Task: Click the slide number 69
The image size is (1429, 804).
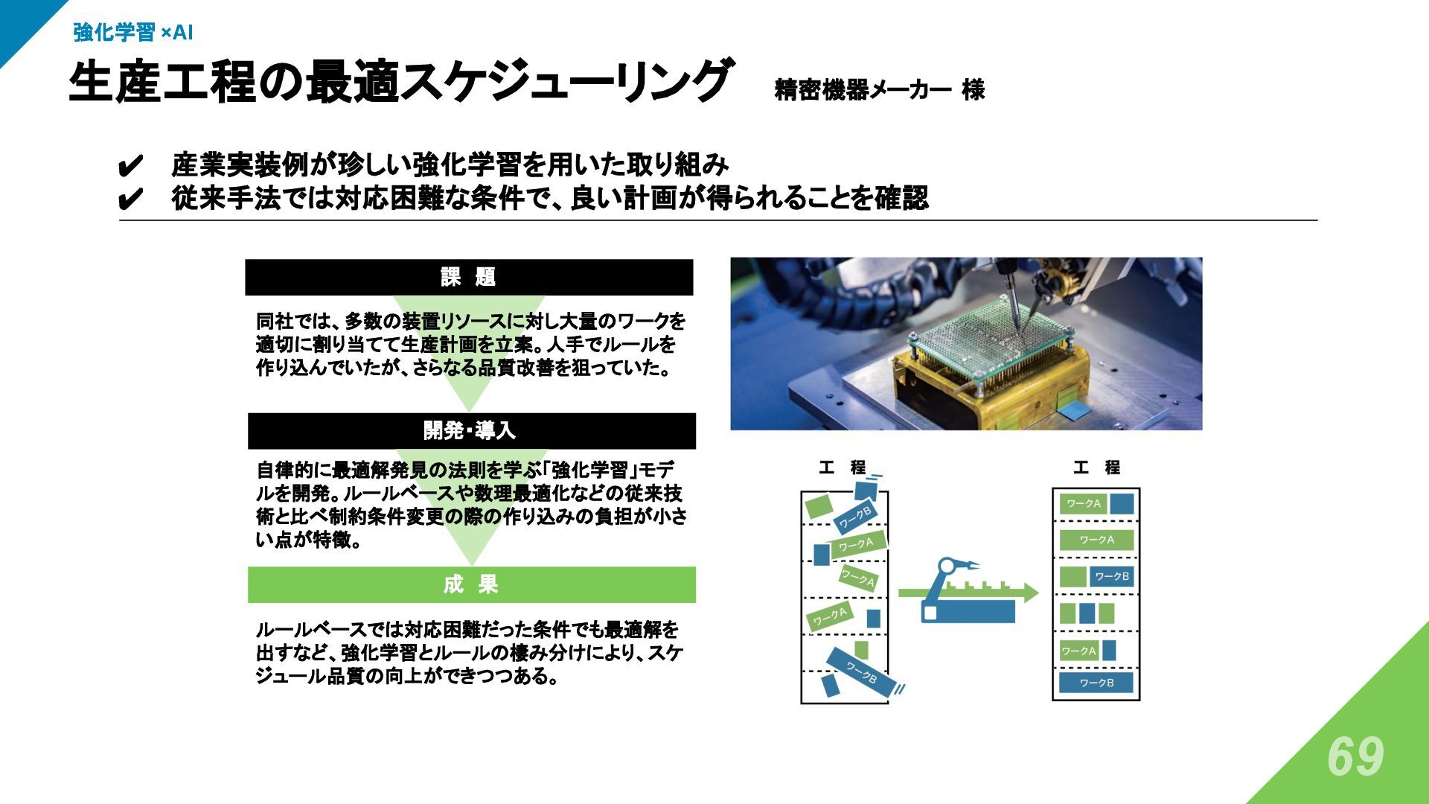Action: point(1355,757)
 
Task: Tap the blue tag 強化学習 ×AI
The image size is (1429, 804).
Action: point(133,32)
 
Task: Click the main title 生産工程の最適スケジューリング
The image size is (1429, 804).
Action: point(400,81)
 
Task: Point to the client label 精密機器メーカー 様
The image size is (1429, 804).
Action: point(879,90)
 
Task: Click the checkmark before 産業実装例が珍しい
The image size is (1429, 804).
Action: point(130,165)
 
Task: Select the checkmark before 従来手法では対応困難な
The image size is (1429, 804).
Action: point(130,199)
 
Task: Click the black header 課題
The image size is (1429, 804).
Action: point(469,277)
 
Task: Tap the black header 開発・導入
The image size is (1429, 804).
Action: point(470,430)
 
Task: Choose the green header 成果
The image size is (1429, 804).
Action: point(470,584)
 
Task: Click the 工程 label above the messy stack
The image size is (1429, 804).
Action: point(842,468)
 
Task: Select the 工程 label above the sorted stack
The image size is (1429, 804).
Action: point(1096,468)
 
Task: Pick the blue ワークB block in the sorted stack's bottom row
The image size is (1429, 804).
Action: point(1096,683)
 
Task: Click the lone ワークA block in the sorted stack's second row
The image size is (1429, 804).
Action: point(1096,540)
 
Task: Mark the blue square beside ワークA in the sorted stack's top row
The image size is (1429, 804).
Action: point(1122,504)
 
